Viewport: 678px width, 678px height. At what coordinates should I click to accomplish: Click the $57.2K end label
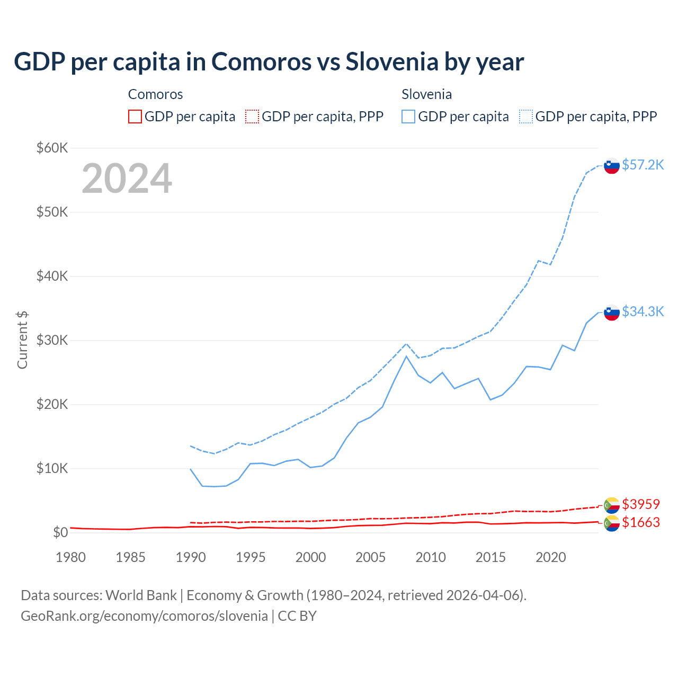pyautogui.click(x=643, y=165)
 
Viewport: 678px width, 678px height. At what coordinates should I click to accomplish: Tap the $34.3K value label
pyautogui.click(x=643, y=311)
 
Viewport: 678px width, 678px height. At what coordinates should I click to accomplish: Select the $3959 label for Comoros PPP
pyautogui.click(x=641, y=504)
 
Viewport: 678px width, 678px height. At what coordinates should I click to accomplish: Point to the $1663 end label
pyautogui.click(x=641, y=522)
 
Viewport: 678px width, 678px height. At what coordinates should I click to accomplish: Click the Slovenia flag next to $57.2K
pyautogui.click(x=612, y=166)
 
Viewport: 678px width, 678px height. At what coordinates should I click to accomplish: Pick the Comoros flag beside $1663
pyautogui.click(x=612, y=523)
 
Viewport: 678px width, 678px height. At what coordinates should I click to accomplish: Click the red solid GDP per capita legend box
pyautogui.click(x=135, y=117)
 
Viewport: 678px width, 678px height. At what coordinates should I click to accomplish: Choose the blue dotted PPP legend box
pyautogui.click(x=526, y=117)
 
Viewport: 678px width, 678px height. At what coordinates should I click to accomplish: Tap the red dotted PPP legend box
pyautogui.click(x=252, y=117)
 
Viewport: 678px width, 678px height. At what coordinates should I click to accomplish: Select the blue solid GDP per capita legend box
pyautogui.click(x=408, y=117)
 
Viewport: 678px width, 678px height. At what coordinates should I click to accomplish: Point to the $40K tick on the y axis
pyautogui.click(x=52, y=276)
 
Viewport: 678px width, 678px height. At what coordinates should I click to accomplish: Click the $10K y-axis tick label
pyautogui.click(x=52, y=468)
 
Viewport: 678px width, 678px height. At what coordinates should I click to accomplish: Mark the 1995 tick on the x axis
pyautogui.click(x=251, y=557)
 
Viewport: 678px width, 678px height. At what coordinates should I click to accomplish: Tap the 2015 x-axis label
pyautogui.click(x=490, y=557)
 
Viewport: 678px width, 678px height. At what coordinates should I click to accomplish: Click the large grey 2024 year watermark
pyautogui.click(x=127, y=179)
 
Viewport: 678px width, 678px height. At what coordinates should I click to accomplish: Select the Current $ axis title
pyautogui.click(x=22, y=340)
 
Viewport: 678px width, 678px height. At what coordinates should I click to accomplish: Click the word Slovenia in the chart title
pyautogui.click(x=392, y=62)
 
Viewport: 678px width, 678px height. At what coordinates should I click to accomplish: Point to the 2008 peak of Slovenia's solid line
pyautogui.click(x=406, y=356)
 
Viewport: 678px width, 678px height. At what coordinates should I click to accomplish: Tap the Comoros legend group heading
pyautogui.click(x=155, y=94)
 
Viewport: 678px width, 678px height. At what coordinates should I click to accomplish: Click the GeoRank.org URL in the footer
pyautogui.click(x=144, y=616)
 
